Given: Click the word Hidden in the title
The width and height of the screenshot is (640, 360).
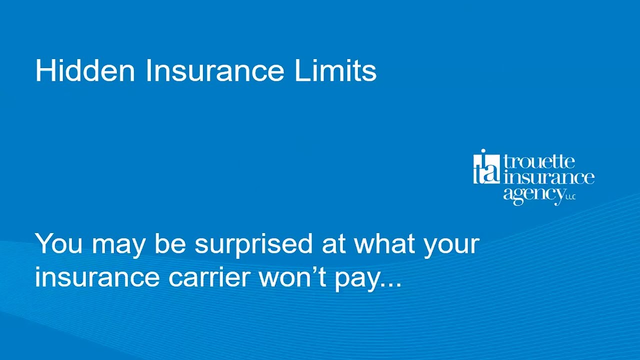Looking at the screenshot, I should (x=85, y=70).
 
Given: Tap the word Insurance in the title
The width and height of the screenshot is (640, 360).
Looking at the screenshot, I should (x=214, y=70).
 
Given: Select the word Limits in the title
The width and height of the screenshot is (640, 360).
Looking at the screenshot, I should (x=335, y=70).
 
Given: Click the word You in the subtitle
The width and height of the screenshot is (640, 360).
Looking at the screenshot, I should (x=58, y=244).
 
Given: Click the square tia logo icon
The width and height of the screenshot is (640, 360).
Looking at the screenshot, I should (x=486, y=167).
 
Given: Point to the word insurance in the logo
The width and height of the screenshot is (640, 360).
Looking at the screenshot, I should (x=549, y=177).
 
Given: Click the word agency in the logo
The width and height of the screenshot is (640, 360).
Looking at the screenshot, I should (x=533, y=194).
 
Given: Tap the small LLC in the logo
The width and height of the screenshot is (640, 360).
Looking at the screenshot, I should (x=570, y=197).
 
